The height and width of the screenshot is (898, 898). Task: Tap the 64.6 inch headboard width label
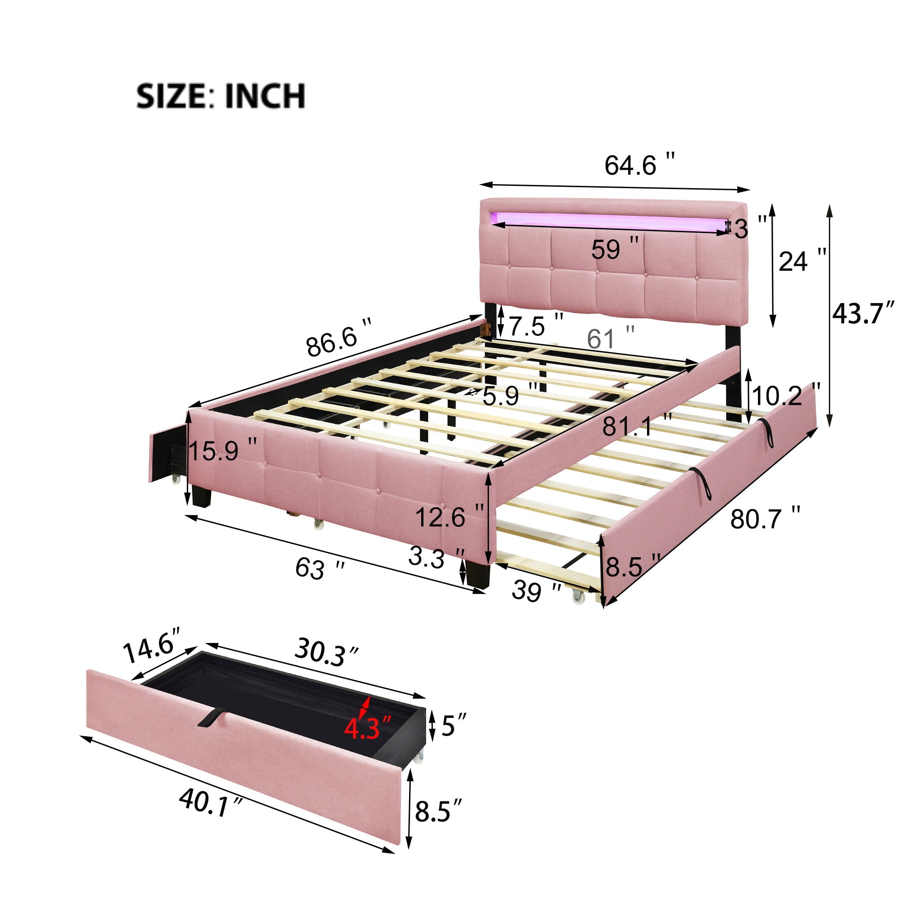tap(639, 164)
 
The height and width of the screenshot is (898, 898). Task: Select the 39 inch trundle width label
tap(537, 591)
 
